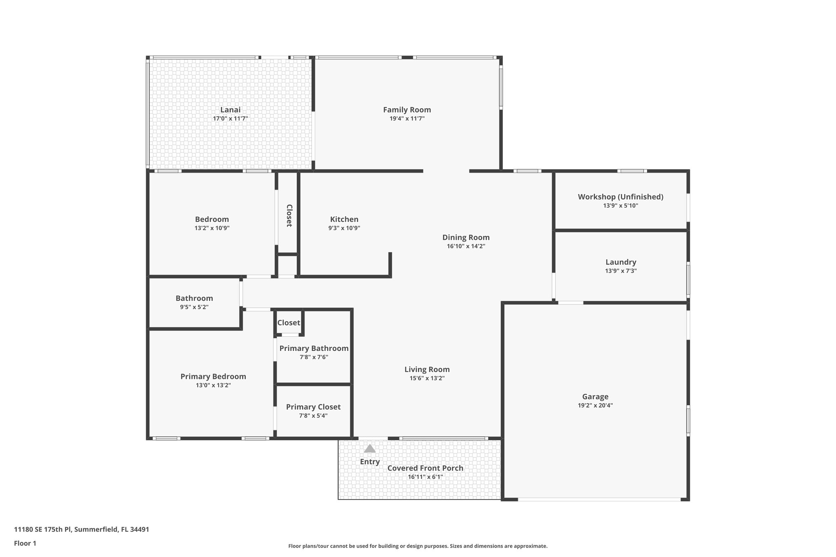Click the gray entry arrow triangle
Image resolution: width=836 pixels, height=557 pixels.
[369, 449]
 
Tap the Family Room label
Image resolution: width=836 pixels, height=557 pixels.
[407, 110]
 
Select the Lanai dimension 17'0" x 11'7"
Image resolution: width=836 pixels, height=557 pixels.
[230, 119]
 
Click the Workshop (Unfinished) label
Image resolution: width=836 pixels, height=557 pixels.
[620, 197]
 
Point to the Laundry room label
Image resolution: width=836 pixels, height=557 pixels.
[620, 262]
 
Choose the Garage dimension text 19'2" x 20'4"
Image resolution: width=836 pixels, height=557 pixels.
[595, 406]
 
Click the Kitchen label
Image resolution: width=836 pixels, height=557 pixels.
[344, 220]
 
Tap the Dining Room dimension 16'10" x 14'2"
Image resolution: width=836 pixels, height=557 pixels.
[466, 246]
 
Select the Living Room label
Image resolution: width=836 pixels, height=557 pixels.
[427, 370]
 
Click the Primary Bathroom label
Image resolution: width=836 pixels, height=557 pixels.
[313, 348]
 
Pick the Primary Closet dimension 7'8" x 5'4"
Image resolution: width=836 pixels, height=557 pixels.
[313, 416]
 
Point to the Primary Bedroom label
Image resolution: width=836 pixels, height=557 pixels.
[213, 377]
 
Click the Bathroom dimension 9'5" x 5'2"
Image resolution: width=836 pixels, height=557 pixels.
[194, 307]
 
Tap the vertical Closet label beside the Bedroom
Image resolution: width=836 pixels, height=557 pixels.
[289, 215]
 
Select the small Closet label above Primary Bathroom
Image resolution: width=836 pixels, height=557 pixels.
[289, 323]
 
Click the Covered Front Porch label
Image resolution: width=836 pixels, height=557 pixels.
[425, 468]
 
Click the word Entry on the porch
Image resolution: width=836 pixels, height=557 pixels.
[370, 462]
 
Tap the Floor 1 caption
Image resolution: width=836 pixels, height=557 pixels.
[25, 544]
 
